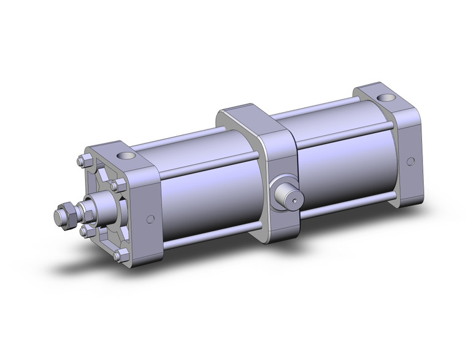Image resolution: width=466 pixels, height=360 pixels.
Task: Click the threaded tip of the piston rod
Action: pyautogui.click(x=60, y=216)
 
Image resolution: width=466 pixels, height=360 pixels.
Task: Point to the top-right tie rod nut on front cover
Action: pyautogui.click(x=116, y=185)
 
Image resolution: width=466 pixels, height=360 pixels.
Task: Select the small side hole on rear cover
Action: pyautogui.click(x=411, y=162)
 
